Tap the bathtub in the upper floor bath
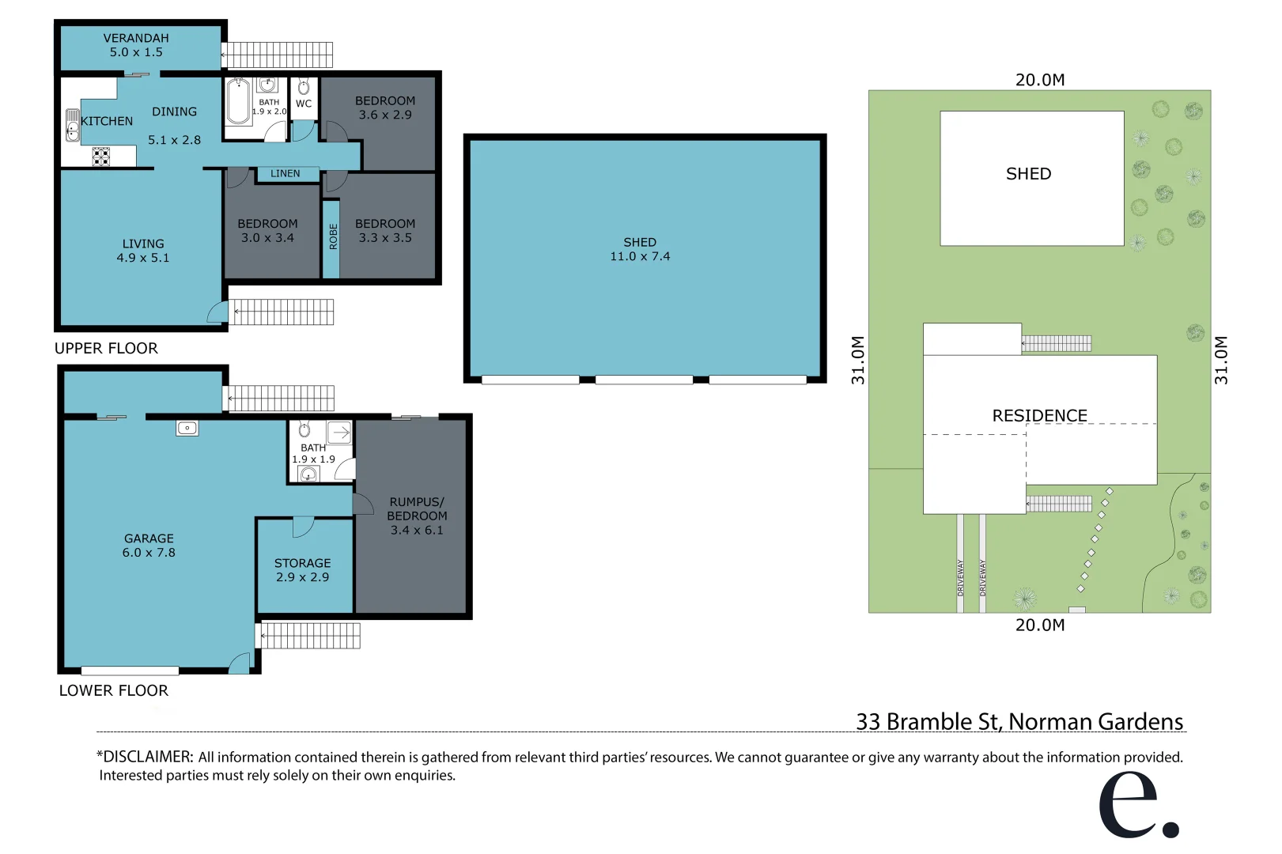pos(238,103)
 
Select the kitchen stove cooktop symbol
pos(100,157)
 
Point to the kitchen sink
pos(72,126)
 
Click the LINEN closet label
pos(285,173)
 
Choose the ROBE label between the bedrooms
pos(333,236)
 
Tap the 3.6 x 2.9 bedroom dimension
pos(385,115)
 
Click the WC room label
pos(304,104)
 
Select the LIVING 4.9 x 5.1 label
pos(143,251)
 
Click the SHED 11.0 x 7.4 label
pos(640,249)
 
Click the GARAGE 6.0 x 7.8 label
pos(149,546)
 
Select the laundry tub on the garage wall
pos(187,428)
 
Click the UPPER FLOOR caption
pos(106,349)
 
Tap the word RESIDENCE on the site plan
pos(1039,416)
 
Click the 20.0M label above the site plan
pos(1039,80)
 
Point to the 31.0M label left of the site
pos(858,361)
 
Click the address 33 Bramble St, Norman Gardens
pos(1019,721)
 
